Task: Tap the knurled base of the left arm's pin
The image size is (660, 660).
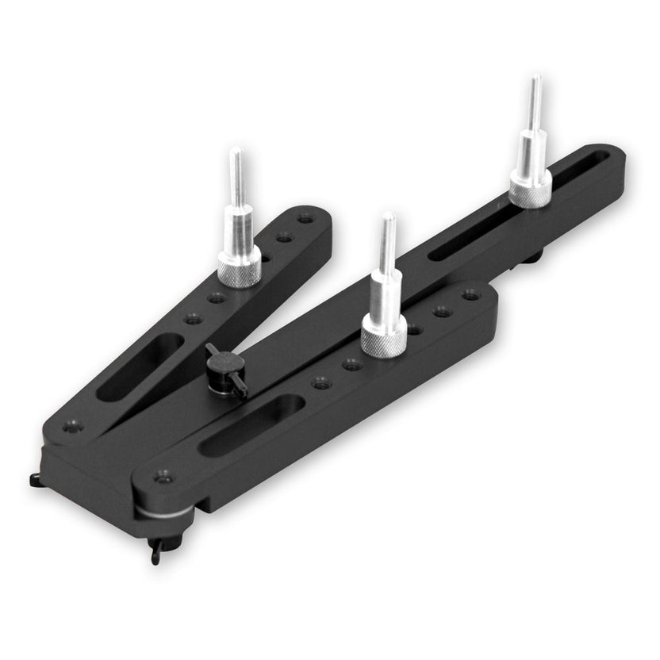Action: coord(239,271)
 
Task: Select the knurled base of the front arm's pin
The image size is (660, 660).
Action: coord(384,338)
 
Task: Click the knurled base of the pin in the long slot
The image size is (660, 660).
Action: coord(530,190)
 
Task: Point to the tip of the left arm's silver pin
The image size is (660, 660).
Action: coord(236,152)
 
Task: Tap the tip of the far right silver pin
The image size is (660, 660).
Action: coord(536,80)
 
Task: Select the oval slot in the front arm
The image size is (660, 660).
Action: coord(251,425)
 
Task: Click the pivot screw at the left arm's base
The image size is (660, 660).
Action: coord(73,428)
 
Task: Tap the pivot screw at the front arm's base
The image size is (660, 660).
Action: coord(164,477)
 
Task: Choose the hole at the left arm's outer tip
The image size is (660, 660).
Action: coord(304,217)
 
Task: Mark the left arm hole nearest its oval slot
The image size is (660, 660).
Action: coord(191,319)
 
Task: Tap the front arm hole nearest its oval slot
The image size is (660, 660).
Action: coord(320,382)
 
